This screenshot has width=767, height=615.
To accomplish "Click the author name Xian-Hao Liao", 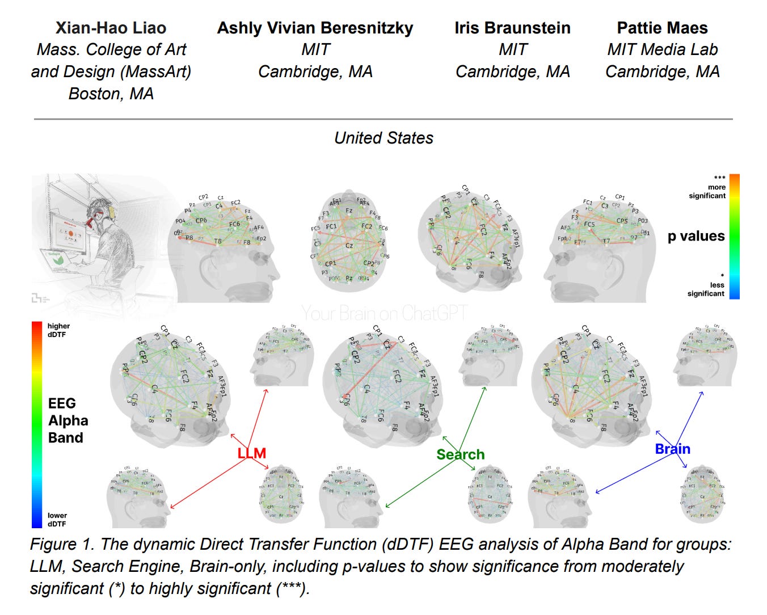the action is (111, 28).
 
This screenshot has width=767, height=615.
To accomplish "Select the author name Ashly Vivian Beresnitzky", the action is (315, 28).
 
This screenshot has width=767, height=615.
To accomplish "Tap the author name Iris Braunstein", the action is (512, 28).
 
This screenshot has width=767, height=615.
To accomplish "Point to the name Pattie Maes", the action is (662, 28).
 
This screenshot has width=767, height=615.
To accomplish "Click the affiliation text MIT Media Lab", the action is (662, 50).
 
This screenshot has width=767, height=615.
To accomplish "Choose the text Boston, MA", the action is (111, 94).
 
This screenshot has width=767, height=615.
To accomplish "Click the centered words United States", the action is (383, 138).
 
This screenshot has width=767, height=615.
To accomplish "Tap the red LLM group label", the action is (251, 453).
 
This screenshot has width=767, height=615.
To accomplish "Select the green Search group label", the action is (460, 454).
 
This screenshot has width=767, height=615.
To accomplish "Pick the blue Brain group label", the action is (672, 449).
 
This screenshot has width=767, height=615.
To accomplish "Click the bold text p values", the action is (696, 236).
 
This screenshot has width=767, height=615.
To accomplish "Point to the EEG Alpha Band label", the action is (68, 420).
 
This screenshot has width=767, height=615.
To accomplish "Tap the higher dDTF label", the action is (58, 330).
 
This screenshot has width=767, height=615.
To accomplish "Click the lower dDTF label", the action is (57, 520).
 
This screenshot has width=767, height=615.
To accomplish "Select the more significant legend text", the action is (707, 191).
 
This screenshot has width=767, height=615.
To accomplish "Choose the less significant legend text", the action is (706, 289).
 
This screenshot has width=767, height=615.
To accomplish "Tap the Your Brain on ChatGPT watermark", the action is (384, 313).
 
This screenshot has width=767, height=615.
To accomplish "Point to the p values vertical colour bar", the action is (734, 236).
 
